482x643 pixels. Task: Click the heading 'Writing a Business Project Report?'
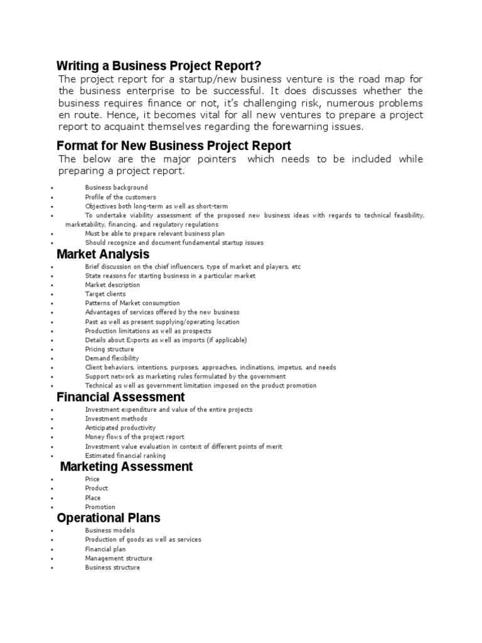(x=159, y=66)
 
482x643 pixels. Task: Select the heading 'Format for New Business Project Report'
(x=174, y=146)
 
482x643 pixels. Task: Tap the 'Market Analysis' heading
(x=103, y=254)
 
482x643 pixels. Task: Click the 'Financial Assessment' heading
(x=120, y=397)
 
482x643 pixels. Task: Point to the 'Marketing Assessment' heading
(x=126, y=467)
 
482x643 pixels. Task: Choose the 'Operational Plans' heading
(x=109, y=518)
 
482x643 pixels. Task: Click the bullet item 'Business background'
(x=117, y=187)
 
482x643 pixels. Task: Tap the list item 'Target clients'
(x=105, y=294)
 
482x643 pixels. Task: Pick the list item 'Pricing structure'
(x=110, y=349)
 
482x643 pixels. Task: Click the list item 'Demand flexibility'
(x=112, y=359)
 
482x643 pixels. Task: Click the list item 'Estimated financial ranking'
(x=126, y=455)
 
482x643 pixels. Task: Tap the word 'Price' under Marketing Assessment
(x=92, y=479)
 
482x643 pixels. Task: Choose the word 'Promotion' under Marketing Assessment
(x=100, y=507)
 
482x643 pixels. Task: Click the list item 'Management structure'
(x=119, y=558)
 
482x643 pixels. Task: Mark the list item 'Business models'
(x=110, y=531)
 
